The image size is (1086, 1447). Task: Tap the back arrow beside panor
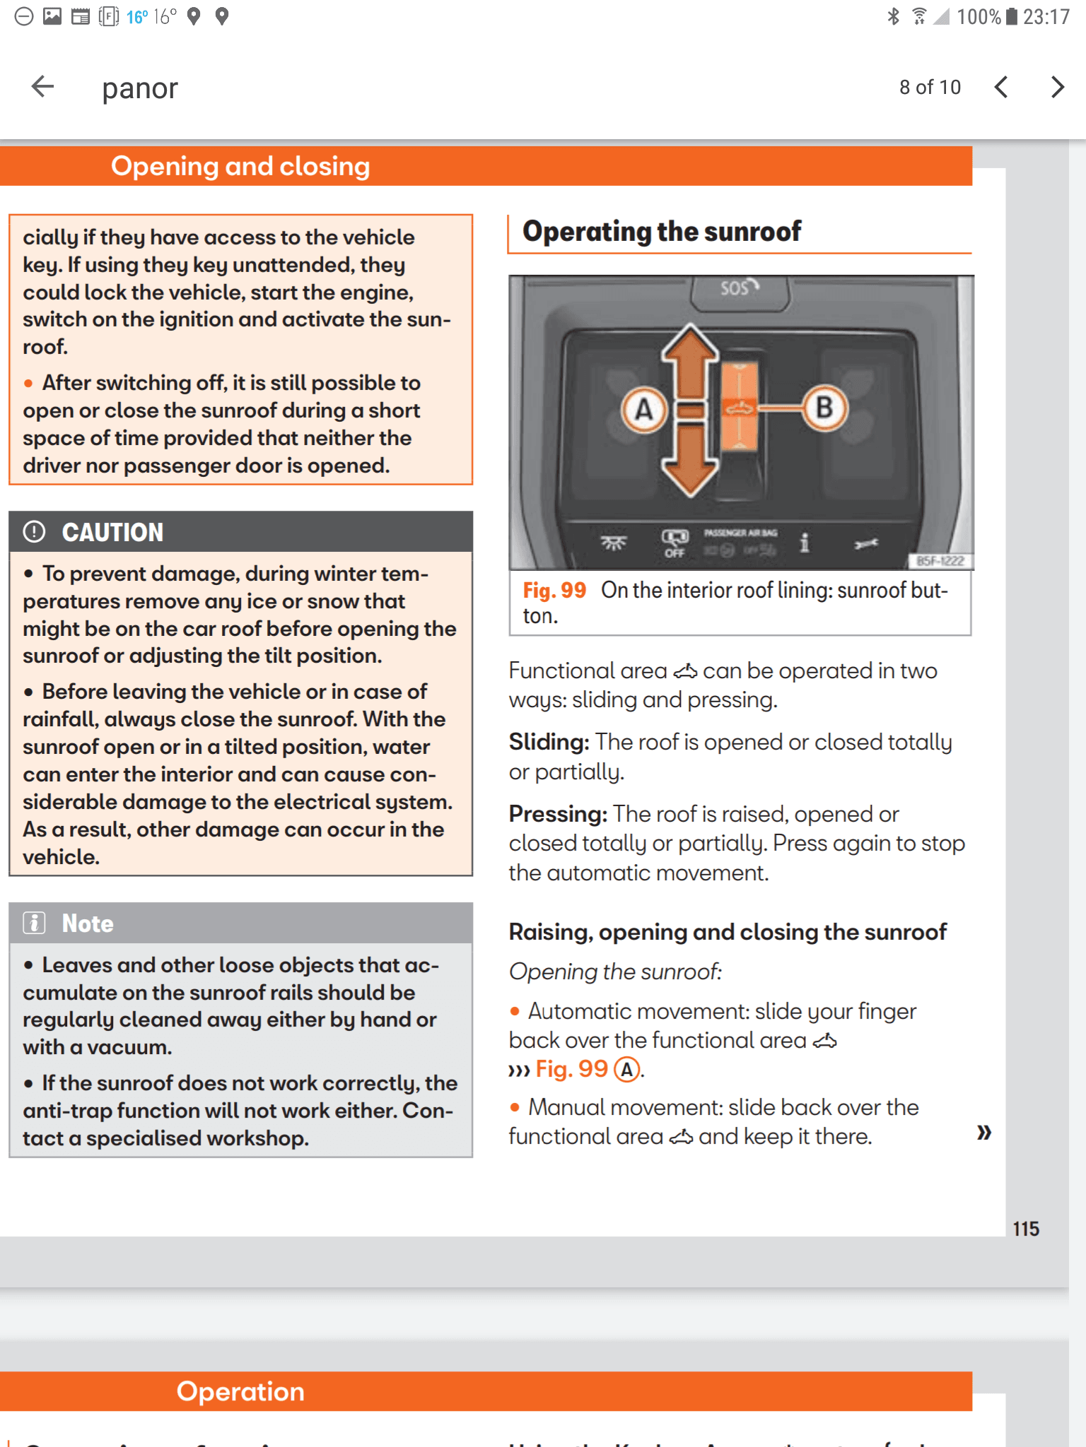tap(43, 87)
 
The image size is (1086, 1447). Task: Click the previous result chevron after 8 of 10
tap(1001, 87)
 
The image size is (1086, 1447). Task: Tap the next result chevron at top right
tap(1057, 87)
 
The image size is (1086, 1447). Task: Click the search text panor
tap(140, 89)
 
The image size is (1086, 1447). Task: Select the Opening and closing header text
tap(240, 167)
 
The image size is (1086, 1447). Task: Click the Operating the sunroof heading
tap(662, 232)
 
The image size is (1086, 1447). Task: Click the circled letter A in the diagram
tap(644, 410)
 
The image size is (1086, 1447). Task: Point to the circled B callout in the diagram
tap(824, 408)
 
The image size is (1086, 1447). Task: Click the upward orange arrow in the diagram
tap(690, 360)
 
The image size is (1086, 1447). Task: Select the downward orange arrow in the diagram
tap(690, 459)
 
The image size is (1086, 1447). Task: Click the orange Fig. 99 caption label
tap(554, 591)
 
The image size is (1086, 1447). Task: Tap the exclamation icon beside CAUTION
tap(34, 532)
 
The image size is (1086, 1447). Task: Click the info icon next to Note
tap(34, 923)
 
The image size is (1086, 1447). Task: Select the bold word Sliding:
tap(549, 743)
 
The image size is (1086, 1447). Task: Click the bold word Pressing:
tap(558, 815)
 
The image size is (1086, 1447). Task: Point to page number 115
tap(1025, 1229)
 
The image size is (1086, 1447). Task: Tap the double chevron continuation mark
tap(984, 1133)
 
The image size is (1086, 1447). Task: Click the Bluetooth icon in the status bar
tap(893, 16)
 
